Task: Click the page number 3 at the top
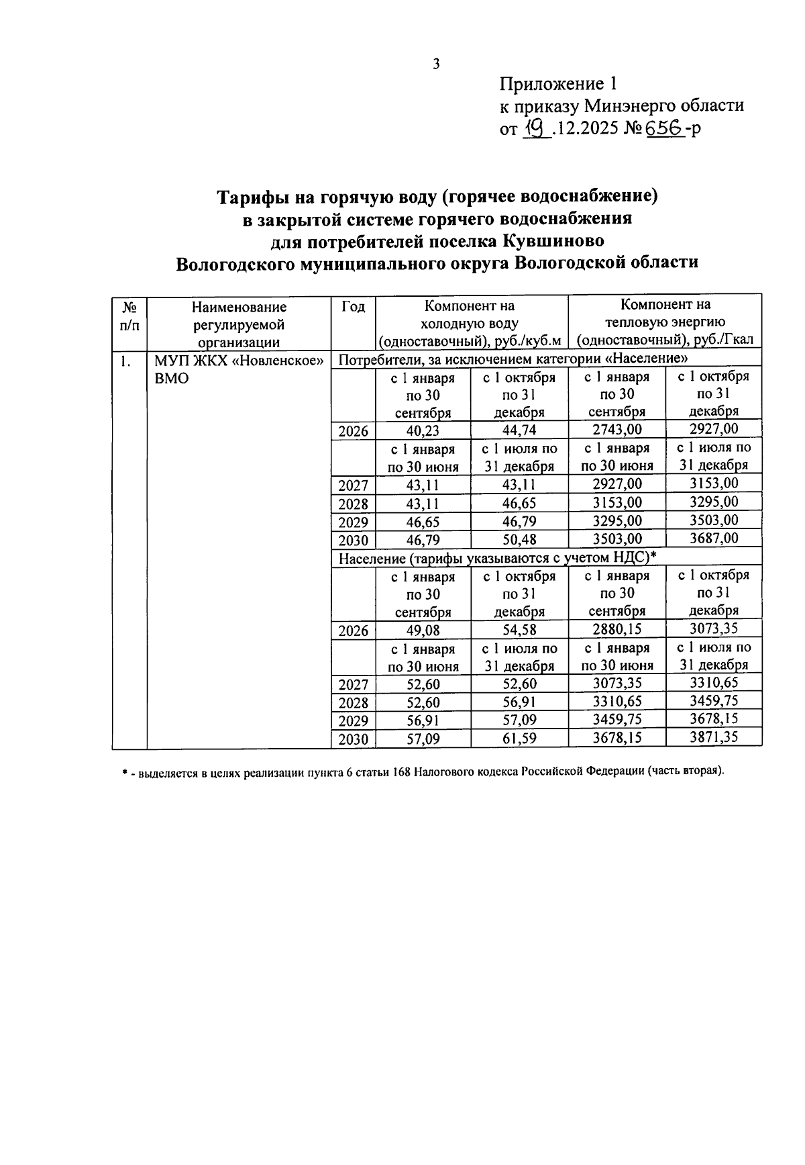click(x=435, y=64)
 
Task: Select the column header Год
click(x=353, y=307)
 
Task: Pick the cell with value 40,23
click(x=423, y=431)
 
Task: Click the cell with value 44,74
click(x=519, y=431)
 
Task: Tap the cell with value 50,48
click(x=519, y=539)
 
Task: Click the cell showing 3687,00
click(x=714, y=539)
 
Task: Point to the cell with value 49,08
click(x=423, y=631)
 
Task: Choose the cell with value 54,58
click(x=519, y=631)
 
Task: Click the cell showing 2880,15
click(x=616, y=630)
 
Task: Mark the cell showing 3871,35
click(x=714, y=737)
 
